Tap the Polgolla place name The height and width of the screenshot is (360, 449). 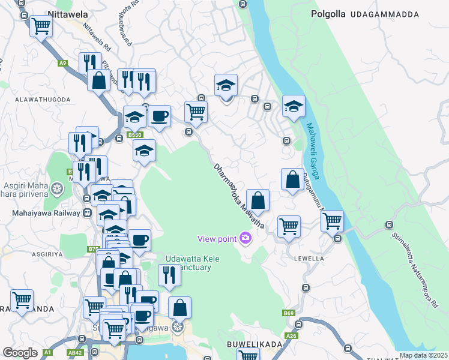328,13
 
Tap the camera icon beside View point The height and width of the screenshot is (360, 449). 245,239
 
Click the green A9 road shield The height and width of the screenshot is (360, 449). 62,62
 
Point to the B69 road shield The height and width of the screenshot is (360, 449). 289,313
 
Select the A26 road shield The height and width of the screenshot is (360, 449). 292,335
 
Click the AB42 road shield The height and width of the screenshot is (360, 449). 76,353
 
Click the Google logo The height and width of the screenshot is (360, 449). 20,353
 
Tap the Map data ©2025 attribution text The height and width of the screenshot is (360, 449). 423,355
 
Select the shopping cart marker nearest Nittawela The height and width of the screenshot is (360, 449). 41,26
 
